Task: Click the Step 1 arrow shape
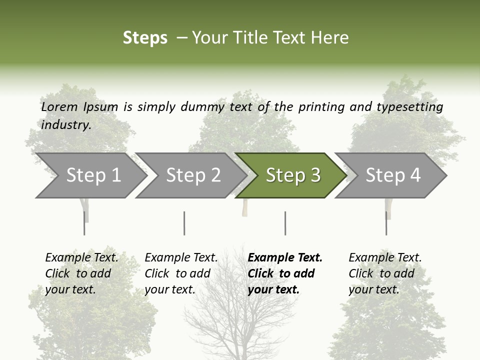(x=90, y=175)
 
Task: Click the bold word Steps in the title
(x=145, y=38)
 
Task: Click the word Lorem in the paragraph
(x=59, y=106)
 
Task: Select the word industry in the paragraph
(x=65, y=124)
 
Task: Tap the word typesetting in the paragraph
(x=409, y=106)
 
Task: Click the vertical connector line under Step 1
(x=84, y=223)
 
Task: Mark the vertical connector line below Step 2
(x=184, y=223)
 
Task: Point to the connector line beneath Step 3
(x=285, y=223)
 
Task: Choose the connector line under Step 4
(x=386, y=223)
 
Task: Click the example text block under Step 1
(x=81, y=273)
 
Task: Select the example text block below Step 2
(x=181, y=273)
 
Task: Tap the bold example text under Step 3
(x=285, y=273)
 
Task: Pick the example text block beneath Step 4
(x=385, y=273)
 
